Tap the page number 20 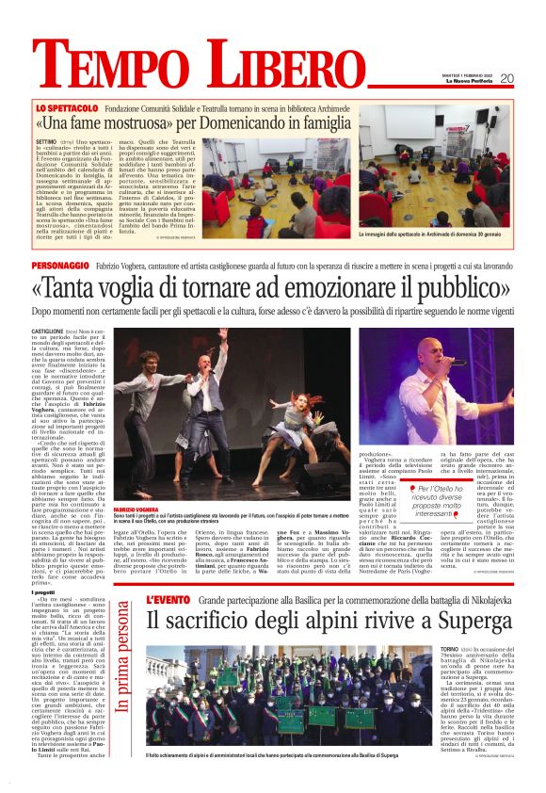(x=533, y=78)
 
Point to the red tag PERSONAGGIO (x=64, y=267)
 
